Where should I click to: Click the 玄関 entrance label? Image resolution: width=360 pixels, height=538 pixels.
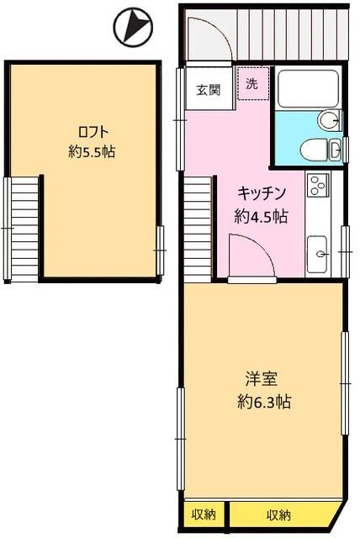pyautogui.click(x=209, y=91)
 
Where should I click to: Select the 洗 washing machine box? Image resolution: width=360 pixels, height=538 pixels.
pyautogui.click(x=251, y=85)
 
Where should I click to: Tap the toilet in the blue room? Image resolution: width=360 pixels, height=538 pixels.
pyautogui.click(x=314, y=150)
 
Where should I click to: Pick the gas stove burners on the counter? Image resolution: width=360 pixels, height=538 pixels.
pyautogui.click(x=318, y=183)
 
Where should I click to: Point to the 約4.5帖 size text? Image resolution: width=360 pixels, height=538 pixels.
pyautogui.click(x=262, y=215)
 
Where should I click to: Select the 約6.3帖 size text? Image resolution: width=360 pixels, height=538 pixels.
pyautogui.click(x=262, y=402)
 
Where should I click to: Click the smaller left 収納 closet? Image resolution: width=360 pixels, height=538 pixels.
pyautogui.click(x=203, y=514)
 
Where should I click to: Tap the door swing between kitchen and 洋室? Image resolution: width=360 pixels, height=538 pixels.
pyautogui.click(x=251, y=256)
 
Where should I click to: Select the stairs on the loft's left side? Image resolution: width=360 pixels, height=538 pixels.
pyautogui.click(x=23, y=229)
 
